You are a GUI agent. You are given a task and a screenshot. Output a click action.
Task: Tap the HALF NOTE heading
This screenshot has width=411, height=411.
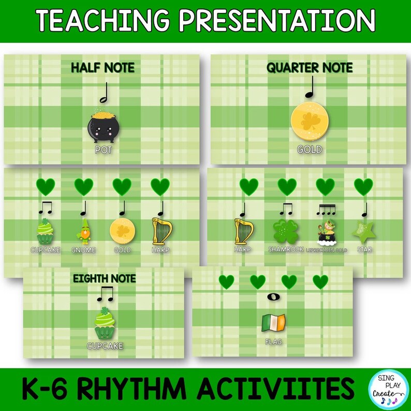coord(102,67)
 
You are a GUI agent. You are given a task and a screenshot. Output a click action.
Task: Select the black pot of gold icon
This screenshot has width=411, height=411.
coord(102,127)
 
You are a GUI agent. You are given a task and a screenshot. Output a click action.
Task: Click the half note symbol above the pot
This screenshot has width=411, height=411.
coord(102,94)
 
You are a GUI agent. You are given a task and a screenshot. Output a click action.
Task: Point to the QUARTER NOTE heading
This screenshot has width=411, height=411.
coord(310,67)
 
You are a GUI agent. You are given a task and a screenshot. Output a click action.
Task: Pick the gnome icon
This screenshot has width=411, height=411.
coord(84,230)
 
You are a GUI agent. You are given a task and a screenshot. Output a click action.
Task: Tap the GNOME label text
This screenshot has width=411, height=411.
coord(84,250)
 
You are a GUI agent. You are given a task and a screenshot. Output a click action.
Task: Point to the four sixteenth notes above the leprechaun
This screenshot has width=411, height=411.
coord(326,209)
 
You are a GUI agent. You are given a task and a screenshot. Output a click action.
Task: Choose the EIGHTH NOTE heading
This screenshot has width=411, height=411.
coord(104,278)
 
